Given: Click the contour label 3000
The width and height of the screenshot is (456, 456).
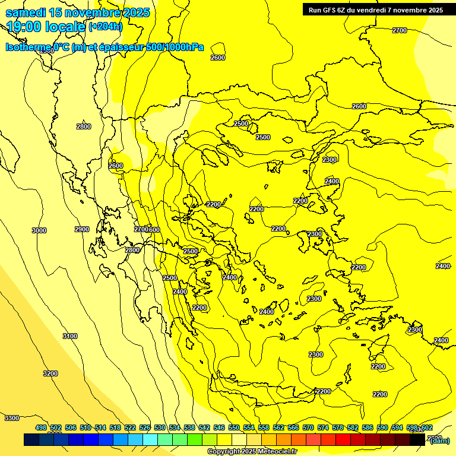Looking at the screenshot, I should coord(39,230).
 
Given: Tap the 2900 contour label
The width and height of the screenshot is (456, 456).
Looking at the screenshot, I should coord(82,229).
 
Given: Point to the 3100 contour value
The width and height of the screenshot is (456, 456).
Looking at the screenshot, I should coord(70,336).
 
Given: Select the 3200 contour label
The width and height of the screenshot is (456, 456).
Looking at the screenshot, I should coord(50,373).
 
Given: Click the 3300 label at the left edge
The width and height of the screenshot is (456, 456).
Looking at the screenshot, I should coord(12,418).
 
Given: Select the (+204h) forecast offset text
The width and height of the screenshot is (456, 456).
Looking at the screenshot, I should coord(106,26).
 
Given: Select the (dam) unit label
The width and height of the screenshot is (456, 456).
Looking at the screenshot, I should coord(439,440).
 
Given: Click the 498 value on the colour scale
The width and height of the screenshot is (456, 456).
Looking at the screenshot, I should coord(41,428).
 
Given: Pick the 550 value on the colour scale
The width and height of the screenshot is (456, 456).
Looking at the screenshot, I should coord(234,428).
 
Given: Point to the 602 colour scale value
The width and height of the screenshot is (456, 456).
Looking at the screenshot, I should coord(426,428).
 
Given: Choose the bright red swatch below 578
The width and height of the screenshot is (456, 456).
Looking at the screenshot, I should coord(343,440).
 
